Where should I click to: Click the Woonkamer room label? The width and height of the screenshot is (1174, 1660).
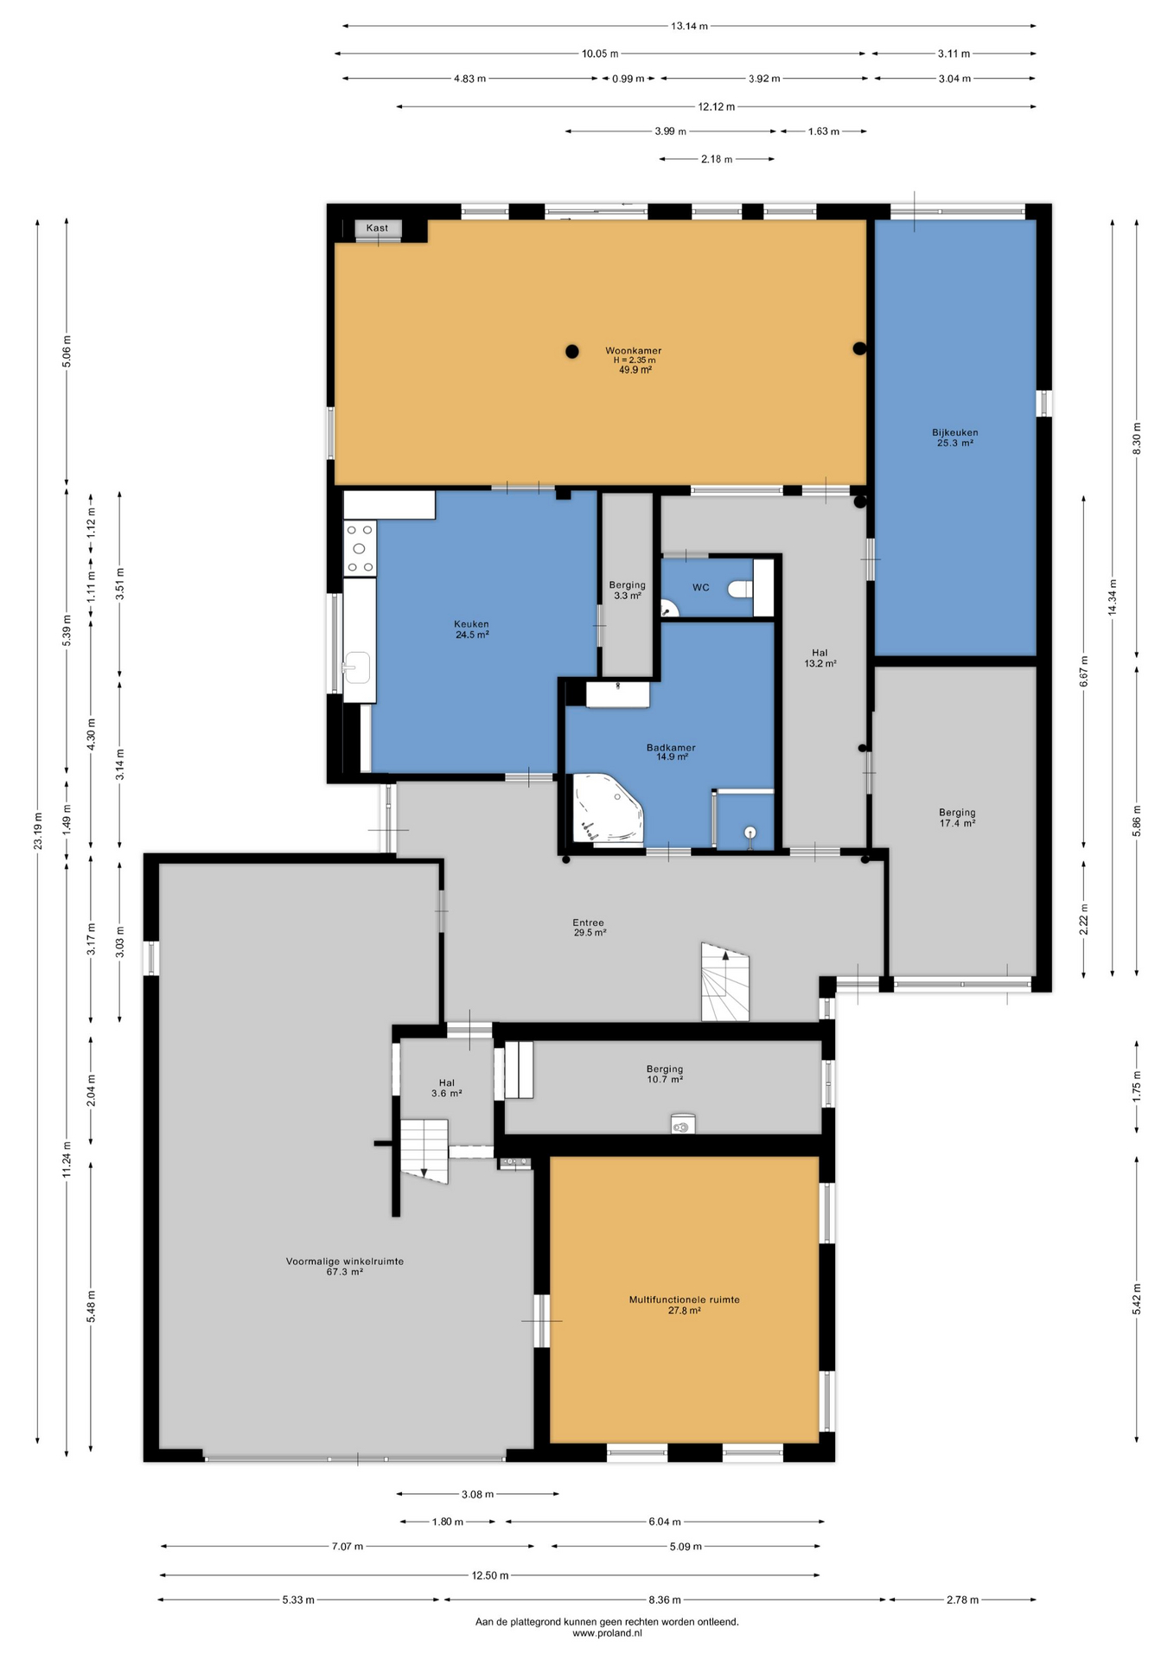633,351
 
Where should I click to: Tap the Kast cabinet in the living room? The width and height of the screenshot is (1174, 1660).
378,228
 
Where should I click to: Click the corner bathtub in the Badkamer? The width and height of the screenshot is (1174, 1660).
608,808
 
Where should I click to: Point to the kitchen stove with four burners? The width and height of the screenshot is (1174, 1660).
360,548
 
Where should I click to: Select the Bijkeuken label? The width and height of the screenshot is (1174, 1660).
955,432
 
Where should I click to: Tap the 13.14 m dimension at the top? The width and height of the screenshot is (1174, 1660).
689,26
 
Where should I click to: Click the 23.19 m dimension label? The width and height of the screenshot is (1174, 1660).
38,830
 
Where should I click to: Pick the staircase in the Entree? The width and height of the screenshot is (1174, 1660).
724,981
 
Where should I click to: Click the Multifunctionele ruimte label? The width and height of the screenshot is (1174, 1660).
684,1299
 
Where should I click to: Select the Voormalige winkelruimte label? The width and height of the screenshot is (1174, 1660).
345,1261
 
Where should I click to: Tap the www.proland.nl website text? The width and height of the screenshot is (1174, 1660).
607,1633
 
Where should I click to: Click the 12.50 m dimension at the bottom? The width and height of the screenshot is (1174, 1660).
490,1575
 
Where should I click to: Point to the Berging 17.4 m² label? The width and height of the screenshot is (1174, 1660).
957,818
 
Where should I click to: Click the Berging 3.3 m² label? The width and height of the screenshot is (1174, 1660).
627,591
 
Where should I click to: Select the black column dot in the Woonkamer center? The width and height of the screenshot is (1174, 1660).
572,351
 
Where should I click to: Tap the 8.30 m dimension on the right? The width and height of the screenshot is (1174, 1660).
1137,439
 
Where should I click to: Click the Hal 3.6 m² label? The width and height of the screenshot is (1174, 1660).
446,1088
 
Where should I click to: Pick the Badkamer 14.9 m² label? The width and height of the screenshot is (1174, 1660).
671,752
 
